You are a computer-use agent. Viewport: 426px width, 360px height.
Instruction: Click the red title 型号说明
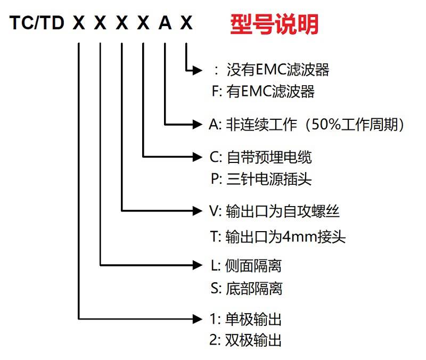pyautogui.click(x=274, y=24)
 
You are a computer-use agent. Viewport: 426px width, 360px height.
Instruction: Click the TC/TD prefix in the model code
pyautogui.click(x=37, y=22)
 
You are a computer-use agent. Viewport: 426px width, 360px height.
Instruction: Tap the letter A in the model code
pyautogui.click(x=165, y=22)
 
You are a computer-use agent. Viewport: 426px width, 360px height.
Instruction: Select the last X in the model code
pyautogui.click(x=186, y=22)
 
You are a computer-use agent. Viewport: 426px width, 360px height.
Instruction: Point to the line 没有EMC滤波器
pyautogui.click(x=278, y=70)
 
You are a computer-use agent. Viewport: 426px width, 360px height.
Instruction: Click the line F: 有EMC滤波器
pyautogui.click(x=263, y=91)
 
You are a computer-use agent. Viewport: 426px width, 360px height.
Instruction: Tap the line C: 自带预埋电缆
pyautogui.click(x=260, y=157)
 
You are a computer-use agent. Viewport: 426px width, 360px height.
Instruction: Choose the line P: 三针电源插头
pyautogui.click(x=261, y=179)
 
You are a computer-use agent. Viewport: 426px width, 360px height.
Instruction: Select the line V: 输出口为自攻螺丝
pyautogui.click(x=274, y=211)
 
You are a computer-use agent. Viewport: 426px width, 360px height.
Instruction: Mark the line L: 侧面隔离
pyautogui.click(x=246, y=265)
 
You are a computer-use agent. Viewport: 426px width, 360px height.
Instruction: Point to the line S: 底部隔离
pyautogui.click(x=247, y=288)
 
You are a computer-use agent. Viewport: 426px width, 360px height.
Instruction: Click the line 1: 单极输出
pyautogui.click(x=245, y=319)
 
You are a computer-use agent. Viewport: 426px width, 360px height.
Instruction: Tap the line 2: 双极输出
pyautogui.click(x=245, y=340)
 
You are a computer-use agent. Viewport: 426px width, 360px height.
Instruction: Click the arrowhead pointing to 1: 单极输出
pyautogui.click(x=197, y=318)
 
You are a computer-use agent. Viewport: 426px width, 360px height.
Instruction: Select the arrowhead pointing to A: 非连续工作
pyautogui.click(x=197, y=125)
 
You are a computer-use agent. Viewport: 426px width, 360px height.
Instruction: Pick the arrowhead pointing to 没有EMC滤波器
pyautogui.click(x=197, y=70)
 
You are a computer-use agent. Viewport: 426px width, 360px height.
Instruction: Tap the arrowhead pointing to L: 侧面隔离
pyautogui.click(x=197, y=265)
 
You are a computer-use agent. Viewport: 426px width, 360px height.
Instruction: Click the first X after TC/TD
pyautogui.click(x=79, y=22)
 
